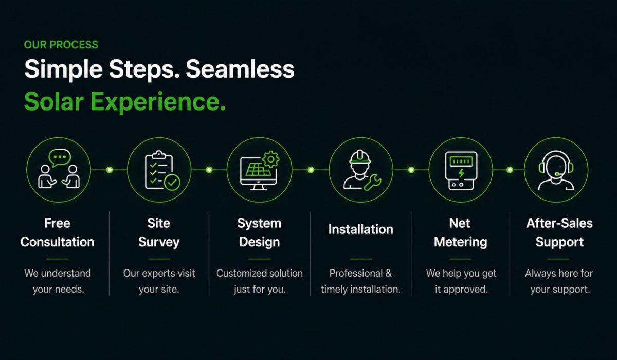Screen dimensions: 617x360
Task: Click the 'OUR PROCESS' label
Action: click(x=61, y=45)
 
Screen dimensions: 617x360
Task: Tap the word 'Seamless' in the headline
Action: click(x=240, y=69)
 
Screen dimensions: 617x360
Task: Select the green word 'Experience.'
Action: click(x=158, y=102)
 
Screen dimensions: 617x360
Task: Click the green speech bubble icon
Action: click(x=60, y=157)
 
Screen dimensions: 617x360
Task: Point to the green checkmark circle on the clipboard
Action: click(x=172, y=182)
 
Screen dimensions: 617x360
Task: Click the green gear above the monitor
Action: click(x=271, y=159)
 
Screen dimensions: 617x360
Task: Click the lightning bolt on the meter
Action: click(x=461, y=173)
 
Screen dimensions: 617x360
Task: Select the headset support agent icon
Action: click(x=556, y=170)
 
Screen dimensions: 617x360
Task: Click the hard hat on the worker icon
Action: click(x=360, y=157)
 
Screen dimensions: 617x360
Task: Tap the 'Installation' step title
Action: click(x=360, y=229)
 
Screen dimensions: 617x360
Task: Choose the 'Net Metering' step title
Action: click(x=460, y=233)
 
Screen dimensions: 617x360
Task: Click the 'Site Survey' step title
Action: click(x=159, y=233)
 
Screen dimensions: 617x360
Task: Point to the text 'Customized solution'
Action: click(x=260, y=273)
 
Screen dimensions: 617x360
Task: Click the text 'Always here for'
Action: click(x=559, y=273)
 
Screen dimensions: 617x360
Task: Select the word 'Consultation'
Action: click(x=57, y=242)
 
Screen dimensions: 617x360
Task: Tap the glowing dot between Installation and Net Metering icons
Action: click(x=411, y=170)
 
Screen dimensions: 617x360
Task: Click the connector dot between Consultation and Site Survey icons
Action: click(x=110, y=170)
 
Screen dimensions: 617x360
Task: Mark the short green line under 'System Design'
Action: click(x=260, y=259)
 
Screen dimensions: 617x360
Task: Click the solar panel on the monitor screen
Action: click(x=258, y=169)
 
